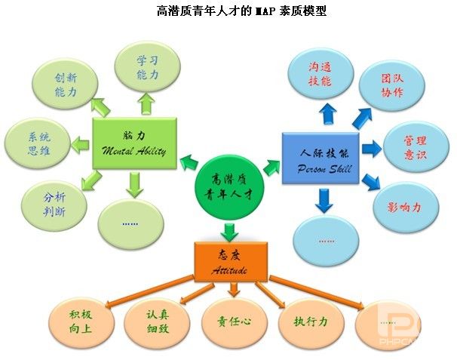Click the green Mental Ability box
coord(135,143)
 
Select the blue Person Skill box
coord(321,158)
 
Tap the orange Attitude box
coord(231,262)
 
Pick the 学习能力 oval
coord(147,67)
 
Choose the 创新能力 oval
coord(66,85)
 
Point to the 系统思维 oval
coord(38,143)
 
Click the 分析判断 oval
coord(54,205)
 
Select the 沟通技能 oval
coord(321,74)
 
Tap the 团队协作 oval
coord(391,85)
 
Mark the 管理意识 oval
coord(416,147)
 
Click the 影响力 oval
coord(406,207)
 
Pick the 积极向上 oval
coord(81,322)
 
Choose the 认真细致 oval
coord(157,322)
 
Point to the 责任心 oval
coord(234,322)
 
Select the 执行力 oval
coord(311,322)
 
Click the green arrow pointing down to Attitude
coord(229,232)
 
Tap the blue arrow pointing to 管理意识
coord(372,148)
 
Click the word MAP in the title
coord(265,11)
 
